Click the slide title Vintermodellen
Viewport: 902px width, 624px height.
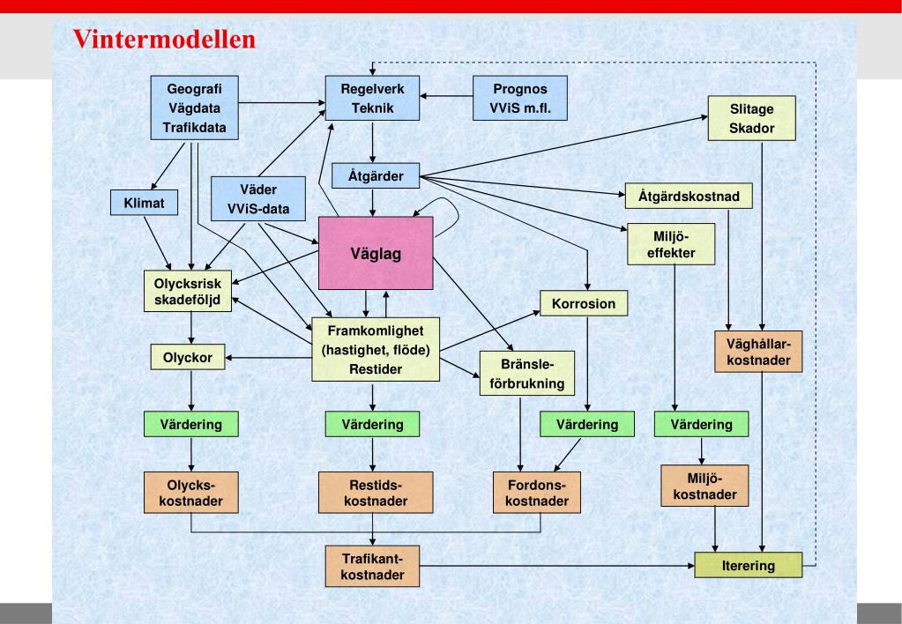pyautogui.click(x=164, y=40)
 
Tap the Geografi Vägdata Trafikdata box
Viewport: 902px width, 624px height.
pyautogui.click(x=195, y=107)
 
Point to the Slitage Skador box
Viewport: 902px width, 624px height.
pyautogui.click(x=752, y=116)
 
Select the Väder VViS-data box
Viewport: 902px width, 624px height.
pyautogui.click(x=259, y=199)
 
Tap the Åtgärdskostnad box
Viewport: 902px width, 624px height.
pyautogui.click(x=689, y=195)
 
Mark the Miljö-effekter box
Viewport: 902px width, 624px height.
pyautogui.click(x=673, y=244)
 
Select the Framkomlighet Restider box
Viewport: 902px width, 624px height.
pyautogui.click(x=376, y=350)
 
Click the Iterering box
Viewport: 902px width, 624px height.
pyautogui.click(x=749, y=565)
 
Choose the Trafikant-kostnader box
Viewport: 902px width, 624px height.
pyautogui.click(x=371, y=565)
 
